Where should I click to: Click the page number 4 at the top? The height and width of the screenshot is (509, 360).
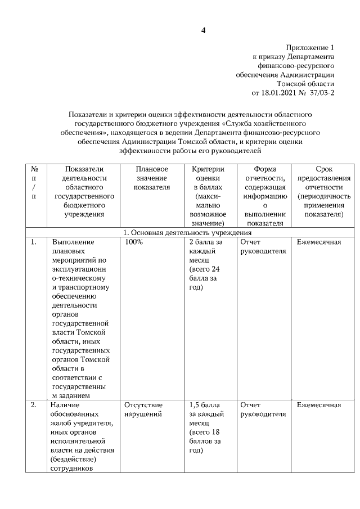pyautogui.click(x=203, y=30)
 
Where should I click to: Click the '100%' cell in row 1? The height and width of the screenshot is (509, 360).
pyautogui.click(x=134, y=242)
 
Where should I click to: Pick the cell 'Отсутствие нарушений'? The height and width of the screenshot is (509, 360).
pyautogui.click(x=143, y=409)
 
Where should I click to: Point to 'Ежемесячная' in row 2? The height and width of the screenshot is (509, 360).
pyautogui.click(x=319, y=405)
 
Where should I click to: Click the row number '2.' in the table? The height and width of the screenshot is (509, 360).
pyautogui.click(x=34, y=405)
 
